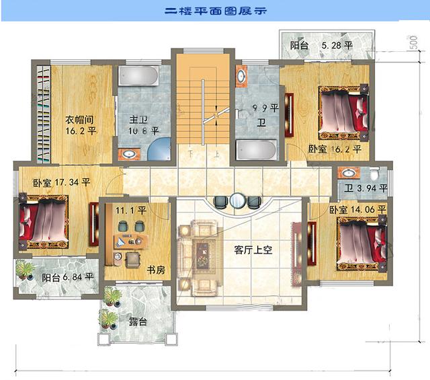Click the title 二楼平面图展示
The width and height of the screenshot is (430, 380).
(214, 11)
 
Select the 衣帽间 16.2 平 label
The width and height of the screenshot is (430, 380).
(80, 125)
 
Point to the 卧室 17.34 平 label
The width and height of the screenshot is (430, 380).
(61, 182)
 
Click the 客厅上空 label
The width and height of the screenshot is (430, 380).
(253, 250)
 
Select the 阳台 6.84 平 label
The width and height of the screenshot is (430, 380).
(67, 276)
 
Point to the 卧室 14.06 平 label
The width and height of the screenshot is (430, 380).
(357, 210)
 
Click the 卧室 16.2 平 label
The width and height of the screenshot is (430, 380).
(335, 149)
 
